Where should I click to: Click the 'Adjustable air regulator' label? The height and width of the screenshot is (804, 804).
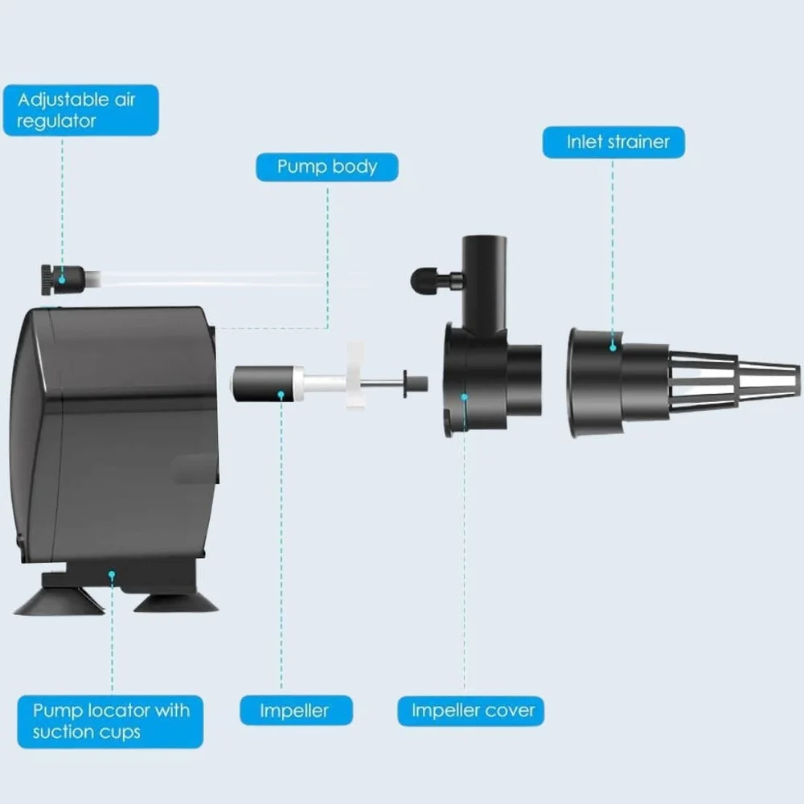pos(81,110)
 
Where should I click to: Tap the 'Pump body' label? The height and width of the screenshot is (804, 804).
pos(327,167)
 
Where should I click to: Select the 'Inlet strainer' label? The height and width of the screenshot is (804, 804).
pos(613,142)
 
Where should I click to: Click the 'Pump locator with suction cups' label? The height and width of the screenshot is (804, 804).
pos(110,721)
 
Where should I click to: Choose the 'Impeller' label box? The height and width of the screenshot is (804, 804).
pos(297,710)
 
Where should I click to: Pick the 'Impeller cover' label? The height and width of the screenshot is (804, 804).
pos(470,711)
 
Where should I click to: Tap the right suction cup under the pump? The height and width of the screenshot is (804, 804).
pos(176,603)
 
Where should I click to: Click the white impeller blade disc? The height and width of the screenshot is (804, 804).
pos(355,375)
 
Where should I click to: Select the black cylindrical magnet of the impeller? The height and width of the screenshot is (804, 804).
pos(263,384)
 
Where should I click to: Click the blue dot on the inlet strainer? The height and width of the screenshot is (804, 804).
pos(613,347)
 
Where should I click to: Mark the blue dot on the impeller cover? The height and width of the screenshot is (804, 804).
pos(464,397)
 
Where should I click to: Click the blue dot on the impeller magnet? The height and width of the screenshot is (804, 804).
pos(281,395)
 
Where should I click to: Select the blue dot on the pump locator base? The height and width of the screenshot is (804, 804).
pos(112,574)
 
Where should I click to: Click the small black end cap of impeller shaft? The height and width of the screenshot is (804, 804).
pos(416,384)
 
